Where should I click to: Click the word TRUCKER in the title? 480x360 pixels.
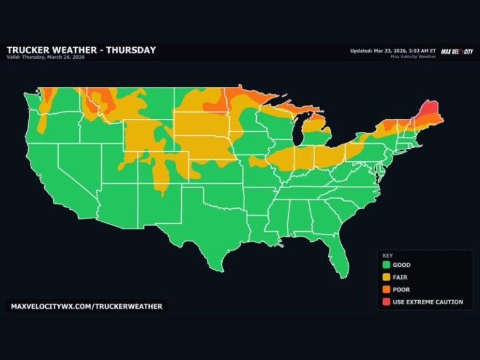point(31,50)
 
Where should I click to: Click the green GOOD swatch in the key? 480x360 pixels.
point(386,265)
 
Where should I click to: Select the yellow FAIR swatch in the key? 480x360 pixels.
point(386,277)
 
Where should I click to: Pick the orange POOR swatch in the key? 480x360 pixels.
point(386,289)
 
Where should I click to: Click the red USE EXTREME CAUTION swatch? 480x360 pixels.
point(386,302)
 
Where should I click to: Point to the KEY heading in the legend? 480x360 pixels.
point(387,255)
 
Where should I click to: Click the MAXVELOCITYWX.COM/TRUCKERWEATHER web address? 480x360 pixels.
point(87,306)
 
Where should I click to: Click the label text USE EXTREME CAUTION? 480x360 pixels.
point(427,302)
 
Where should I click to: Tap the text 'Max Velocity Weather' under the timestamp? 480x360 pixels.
point(414,57)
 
